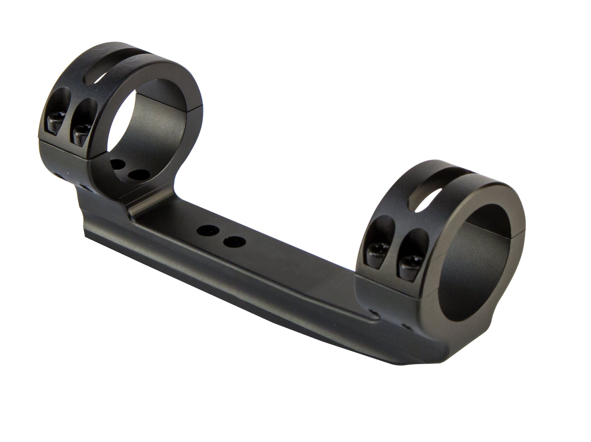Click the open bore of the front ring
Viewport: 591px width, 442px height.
[470, 263]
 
